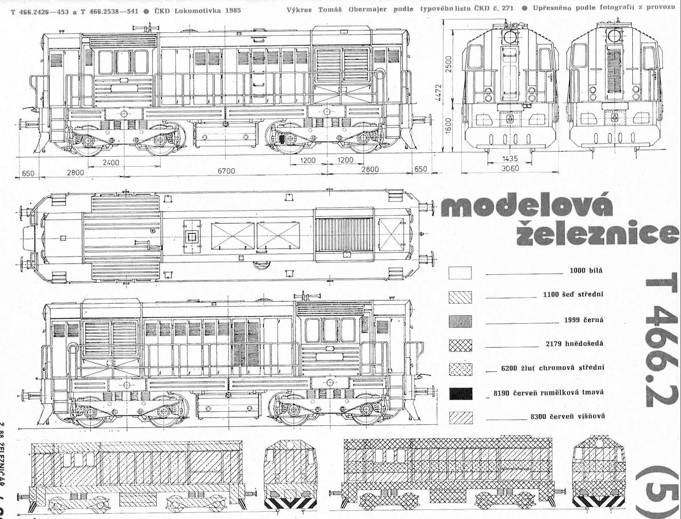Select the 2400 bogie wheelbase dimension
pos(111,162)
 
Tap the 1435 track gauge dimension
pos(509,159)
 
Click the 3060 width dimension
pos(508,169)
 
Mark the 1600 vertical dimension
pos(448,124)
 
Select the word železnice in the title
pos(595,233)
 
